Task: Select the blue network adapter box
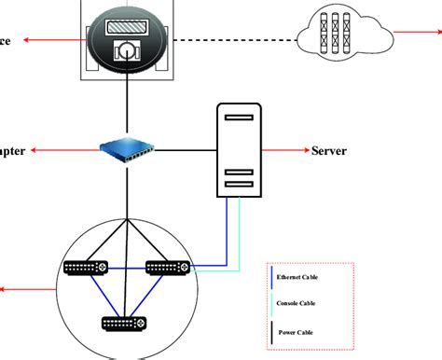(129, 147)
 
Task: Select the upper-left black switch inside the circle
(88, 270)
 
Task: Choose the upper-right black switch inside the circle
(168, 270)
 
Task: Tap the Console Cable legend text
(297, 302)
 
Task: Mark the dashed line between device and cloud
(233, 40)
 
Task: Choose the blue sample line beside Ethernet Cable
(270, 277)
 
